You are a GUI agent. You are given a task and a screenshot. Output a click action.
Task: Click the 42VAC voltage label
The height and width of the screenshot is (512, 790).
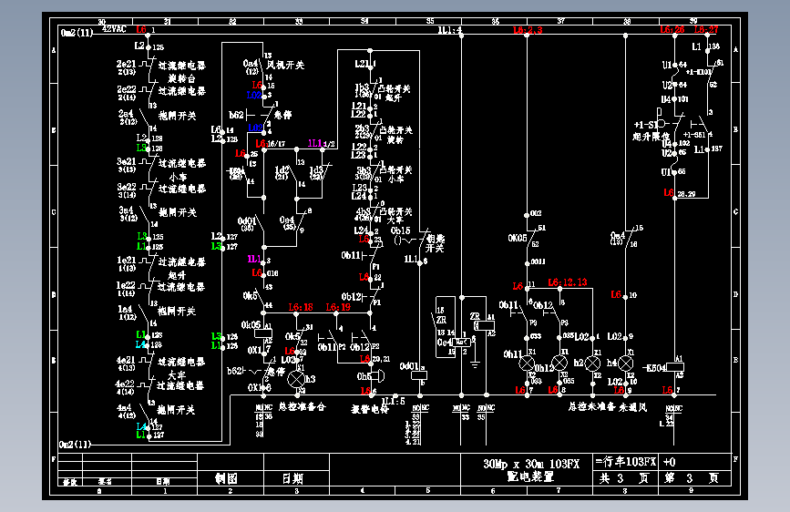click(x=114, y=29)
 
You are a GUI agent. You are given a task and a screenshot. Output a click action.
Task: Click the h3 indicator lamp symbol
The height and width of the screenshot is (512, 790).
click(x=295, y=378)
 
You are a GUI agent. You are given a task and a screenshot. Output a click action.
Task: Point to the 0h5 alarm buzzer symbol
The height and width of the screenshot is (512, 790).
click(x=377, y=375)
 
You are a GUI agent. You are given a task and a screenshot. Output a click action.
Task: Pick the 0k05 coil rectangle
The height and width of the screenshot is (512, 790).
click(x=258, y=324)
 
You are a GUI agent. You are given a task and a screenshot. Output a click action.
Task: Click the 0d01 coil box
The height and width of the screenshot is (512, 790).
click(x=419, y=372)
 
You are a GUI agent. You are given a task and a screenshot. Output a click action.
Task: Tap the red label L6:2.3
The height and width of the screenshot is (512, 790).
click(x=528, y=31)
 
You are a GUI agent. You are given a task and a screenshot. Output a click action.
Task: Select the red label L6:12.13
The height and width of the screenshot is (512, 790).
click(x=567, y=282)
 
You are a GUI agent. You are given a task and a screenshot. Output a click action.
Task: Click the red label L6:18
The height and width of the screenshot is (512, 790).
click(x=301, y=307)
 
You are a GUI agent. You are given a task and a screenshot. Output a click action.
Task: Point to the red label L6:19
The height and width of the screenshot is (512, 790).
click(x=338, y=307)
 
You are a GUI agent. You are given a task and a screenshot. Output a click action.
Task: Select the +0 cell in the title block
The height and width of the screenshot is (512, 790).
click(x=669, y=462)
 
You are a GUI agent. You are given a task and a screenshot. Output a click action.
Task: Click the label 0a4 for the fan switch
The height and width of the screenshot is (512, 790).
click(x=251, y=62)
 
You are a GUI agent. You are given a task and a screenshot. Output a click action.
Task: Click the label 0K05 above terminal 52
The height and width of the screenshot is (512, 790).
click(x=518, y=239)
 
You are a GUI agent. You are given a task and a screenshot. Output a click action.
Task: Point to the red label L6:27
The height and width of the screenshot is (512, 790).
click(x=707, y=29)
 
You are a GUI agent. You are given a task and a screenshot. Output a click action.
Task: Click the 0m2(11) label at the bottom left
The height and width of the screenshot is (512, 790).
click(x=76, y=445)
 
